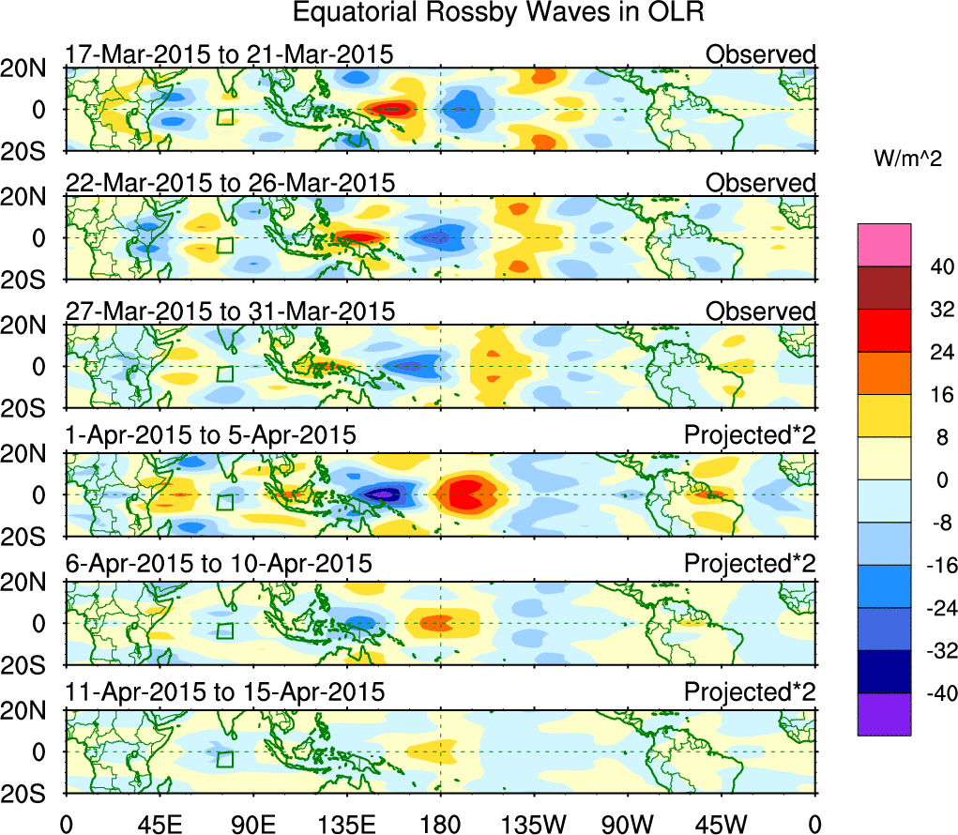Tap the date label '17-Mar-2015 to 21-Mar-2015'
228,54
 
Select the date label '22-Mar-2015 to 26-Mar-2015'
230,182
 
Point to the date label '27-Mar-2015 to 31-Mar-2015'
230,311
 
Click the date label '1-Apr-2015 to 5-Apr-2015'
210,435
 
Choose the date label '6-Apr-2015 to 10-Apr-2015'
218,564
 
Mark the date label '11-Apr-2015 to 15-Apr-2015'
225,692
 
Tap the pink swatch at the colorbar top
883,245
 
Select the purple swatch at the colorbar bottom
883,714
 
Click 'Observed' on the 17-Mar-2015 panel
761,54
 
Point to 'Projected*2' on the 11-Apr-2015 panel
750,692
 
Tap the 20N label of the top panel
31,68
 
